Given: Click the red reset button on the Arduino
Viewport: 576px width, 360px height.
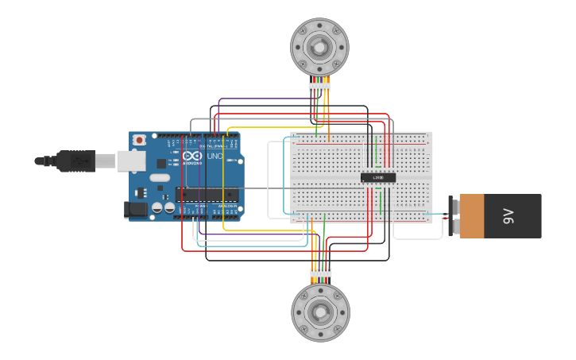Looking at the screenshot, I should pos(140,140).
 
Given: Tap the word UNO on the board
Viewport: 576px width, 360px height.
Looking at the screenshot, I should pos(215,156).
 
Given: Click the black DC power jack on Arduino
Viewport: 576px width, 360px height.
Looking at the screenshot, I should pos(136,209).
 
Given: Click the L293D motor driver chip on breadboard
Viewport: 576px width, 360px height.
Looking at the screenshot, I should pos(378,176).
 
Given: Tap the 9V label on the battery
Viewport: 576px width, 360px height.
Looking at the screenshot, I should pos(509,216).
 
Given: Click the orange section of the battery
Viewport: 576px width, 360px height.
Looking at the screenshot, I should pos(482,216).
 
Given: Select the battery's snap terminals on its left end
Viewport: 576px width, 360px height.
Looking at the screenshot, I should pos(454,216).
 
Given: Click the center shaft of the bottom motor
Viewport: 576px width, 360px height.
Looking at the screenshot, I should pos(320,312).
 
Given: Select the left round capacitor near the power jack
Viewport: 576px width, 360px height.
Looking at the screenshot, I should pos(157,207).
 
